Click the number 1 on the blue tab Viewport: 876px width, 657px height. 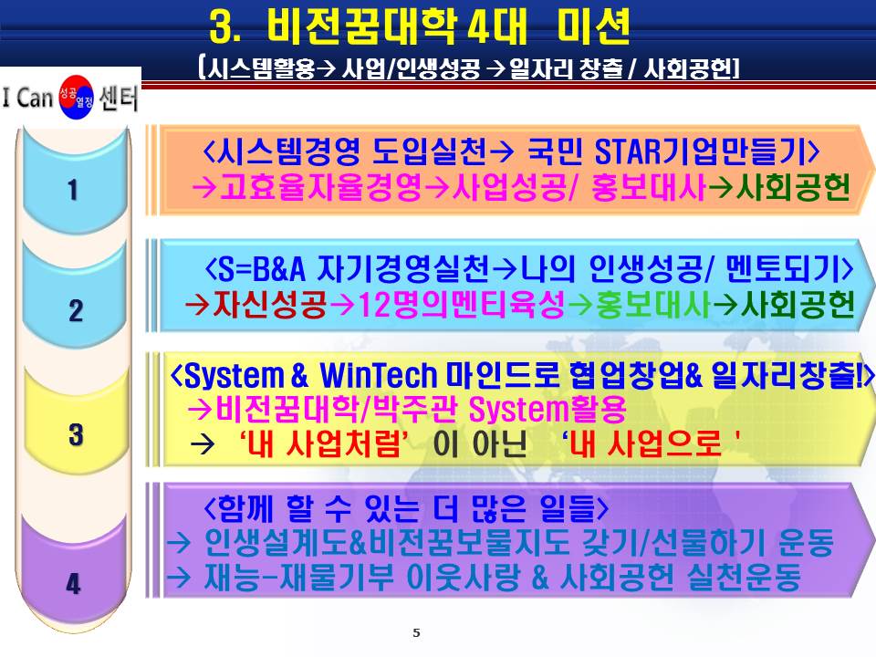pyautogui.click(x=73, y=190)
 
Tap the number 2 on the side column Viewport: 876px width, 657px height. pyautogui.click(x=76, y=310)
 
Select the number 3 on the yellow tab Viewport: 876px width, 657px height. pyautogui.click(x=76, y=434)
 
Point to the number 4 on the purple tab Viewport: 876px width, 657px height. pyautogui.click(x=73, y=584)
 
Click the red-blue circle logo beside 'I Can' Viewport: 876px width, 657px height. pyautogui.click(x=77, y=98)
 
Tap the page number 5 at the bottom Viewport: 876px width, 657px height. pyautogui.click(x=416, y=633)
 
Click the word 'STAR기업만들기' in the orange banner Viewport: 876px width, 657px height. pyautogui.click(x=700, y=151)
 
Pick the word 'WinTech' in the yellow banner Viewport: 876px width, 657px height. pyautogui.click(x=378, y=375)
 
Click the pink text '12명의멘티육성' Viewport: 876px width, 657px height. pyautogui.click(x=461, y=305)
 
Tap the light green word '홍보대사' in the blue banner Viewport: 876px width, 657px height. pyautogui.click(x=653, y=305)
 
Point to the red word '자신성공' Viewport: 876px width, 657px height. pyautogui.click(x=269, y=305)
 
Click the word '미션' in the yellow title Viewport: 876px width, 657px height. pyautogui.click(x=594, y=26)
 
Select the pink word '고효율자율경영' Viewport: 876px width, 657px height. pyautogui.click(x=320, y=187)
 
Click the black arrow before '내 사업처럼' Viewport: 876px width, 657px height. pyautogui.click(x=203, y=445)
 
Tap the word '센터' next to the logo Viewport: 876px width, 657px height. pyautogui.click(x=119, y=98)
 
